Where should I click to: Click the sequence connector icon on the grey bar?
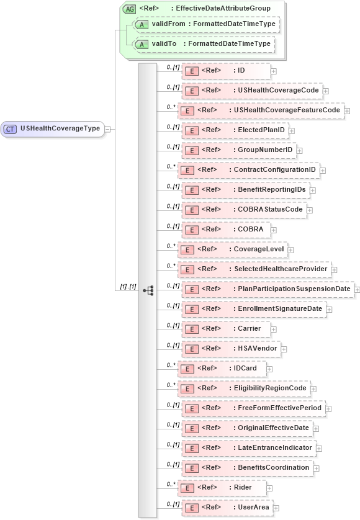[148, 290]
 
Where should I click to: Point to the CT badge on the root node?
[11, 129]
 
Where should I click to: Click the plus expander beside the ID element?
[274, 71]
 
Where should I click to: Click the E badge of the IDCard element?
[187, 369]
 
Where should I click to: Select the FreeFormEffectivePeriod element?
[253, 408]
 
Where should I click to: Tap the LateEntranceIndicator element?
[248, 448]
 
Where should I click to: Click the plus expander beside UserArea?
[274, 508]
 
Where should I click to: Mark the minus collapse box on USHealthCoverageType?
[108, 129]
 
